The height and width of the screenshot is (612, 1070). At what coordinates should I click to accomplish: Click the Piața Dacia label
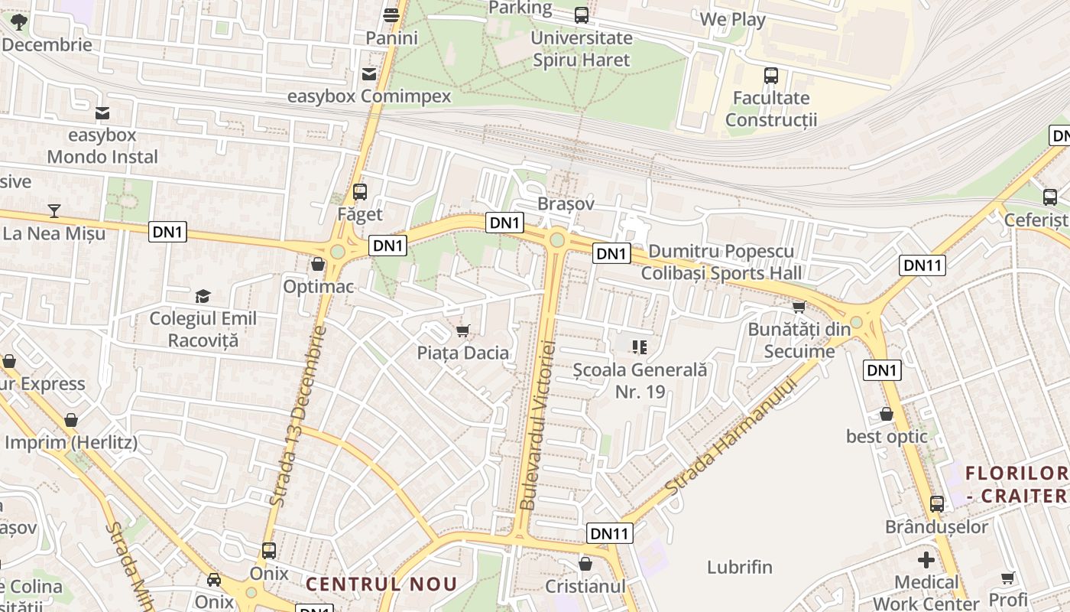coord(462,353)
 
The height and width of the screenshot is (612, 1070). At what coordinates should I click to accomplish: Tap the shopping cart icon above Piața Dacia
coord(462,330)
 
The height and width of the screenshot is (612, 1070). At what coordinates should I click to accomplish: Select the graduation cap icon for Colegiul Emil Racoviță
coord(203,296)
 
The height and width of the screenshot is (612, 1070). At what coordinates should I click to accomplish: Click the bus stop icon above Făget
coord(360,192)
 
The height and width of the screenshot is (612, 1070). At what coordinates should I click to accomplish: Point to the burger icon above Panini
coord(391,15)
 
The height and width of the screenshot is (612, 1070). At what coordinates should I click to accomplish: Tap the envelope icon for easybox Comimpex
coord(369,73)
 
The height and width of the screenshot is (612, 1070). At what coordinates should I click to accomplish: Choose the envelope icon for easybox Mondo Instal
coord(102,113)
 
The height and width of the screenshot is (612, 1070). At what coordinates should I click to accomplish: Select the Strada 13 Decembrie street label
coord(297,417)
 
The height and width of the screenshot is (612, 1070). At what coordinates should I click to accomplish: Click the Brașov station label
coord(566,204)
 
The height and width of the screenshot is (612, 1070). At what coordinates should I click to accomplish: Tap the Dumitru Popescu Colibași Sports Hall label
coord(721,262)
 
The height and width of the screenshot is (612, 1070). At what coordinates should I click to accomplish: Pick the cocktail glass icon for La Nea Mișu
coord(53,210)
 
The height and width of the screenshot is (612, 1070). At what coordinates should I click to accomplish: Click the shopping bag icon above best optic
coord(887,414)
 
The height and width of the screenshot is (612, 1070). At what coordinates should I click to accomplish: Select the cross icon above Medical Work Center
coord(926,560)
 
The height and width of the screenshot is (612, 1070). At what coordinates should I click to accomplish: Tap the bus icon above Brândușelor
coord(937,504)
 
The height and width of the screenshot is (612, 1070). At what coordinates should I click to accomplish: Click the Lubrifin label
coord(740,568)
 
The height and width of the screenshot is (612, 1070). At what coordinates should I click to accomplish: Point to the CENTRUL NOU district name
coord(381,584)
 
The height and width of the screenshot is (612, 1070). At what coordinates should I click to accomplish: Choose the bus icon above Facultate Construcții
coord(771,76)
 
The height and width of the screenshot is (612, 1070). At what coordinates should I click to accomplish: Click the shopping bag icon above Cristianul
coord(585,564)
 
